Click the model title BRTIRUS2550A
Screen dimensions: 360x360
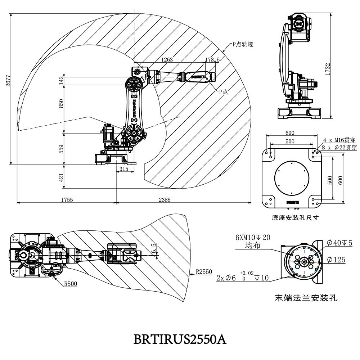click(180, 339)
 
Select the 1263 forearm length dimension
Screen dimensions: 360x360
click(167, 60)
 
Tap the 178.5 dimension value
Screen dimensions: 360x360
click(212, 60)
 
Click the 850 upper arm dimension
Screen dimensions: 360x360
click(61, 103)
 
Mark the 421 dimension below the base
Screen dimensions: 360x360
click(61, 177)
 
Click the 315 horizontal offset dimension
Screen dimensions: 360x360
click(124, 169)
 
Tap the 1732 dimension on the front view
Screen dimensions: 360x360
click(327, 69)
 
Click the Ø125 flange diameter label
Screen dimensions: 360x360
click(336, 260)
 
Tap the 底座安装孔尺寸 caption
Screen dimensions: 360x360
click(296, 218)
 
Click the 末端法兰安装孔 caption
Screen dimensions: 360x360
click(306, 298)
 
